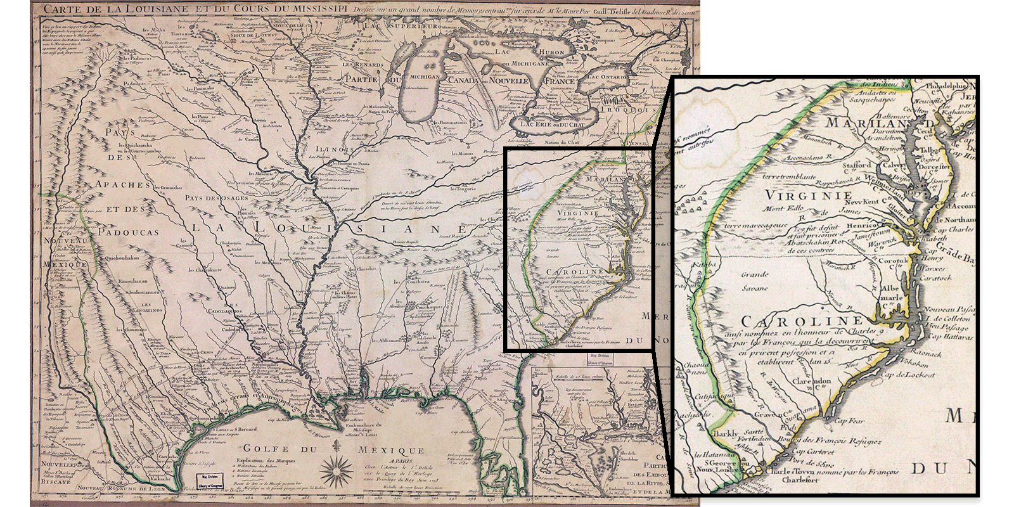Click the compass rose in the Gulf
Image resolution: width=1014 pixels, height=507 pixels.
[337, 470]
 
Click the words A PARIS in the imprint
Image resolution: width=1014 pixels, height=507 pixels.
[401, 461]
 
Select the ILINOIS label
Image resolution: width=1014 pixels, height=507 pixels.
[333, 150]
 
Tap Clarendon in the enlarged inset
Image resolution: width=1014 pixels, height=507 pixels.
[811, 382]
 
